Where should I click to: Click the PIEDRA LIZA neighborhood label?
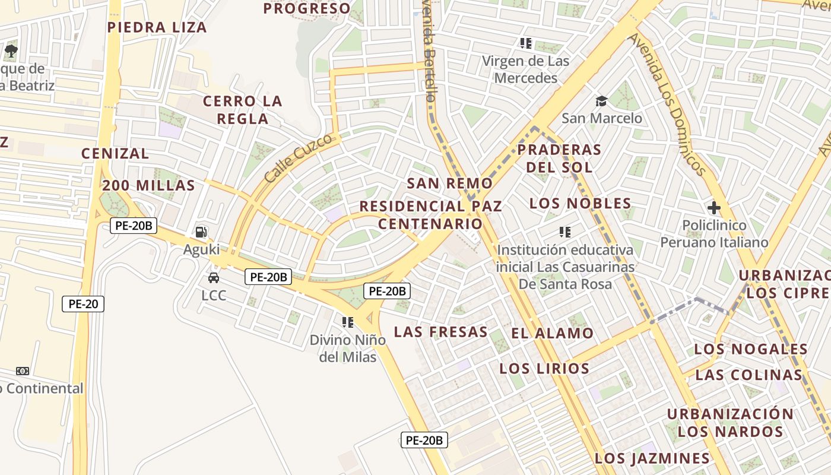pos(157,27)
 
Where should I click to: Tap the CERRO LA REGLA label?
pos(242,110)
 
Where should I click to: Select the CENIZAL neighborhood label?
pos(115,153)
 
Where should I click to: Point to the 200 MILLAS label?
pos(148,185)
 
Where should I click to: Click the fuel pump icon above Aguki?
pos(201,232)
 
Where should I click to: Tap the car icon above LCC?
pos(213,277)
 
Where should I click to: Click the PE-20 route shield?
pos(83,304)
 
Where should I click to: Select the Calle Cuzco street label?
pos(298,159)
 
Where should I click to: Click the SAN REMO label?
pos(449,183)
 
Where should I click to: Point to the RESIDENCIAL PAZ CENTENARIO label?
pos(431,215)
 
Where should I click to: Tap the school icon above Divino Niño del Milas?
pos(347,322)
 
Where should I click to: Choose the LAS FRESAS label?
pos(440,332)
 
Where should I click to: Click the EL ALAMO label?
pos(552,334)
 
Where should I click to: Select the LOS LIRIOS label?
pos(544,369)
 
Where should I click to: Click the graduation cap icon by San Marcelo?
pos(602,101)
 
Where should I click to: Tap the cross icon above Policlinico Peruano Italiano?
pos(713,208)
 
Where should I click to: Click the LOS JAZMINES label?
pos(652,458)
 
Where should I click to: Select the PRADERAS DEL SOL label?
pos(559,159)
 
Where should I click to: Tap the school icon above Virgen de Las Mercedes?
pos(525,43)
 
